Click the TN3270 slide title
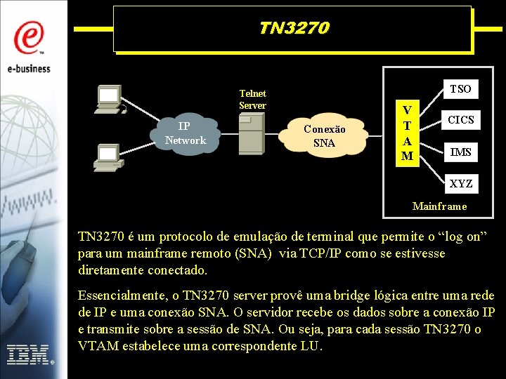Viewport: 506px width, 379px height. pyautogui.click(x=293, y=28)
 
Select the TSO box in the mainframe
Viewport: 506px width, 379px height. pyautogui.click(x=460, y=88)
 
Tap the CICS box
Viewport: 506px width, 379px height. pyautogui.click(x=461, y=120)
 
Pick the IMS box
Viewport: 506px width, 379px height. pyautogui.click(x=461, y=152)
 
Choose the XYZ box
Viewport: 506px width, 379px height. pyautogui.click(x=461, y=184)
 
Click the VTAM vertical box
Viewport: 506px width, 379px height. pyautogui.click(x=407, y=133)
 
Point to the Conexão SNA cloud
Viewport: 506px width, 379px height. pyautogui.click(x=324, y=136)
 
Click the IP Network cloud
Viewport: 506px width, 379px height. pyautogui.click(x=185, y=133)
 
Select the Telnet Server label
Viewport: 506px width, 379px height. pyautogui.click(x=252, y=99)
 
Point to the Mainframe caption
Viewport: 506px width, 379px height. pyautogui.click(x=439, y=206)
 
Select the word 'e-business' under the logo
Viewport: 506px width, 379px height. pyautogui.click(x=30, y=69)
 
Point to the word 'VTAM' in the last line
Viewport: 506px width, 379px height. pyautogui.click(x=97, y=346)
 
